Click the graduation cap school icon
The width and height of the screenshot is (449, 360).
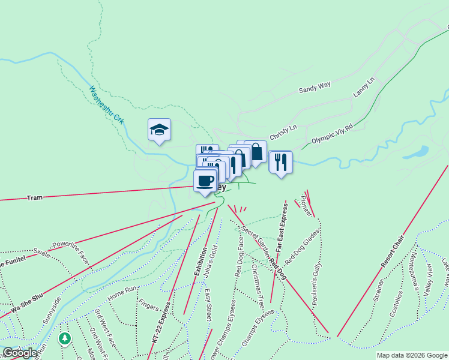(160, 130)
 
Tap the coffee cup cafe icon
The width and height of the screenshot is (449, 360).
(205, 181)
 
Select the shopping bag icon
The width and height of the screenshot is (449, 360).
(256, 152)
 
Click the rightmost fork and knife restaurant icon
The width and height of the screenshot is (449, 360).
(280, 161)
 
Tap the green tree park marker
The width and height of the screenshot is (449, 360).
(64, 339)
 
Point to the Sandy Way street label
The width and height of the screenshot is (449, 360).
(315, 88)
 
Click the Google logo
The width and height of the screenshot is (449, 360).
(20, 353)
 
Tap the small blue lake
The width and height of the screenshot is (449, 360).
(417, 152)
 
